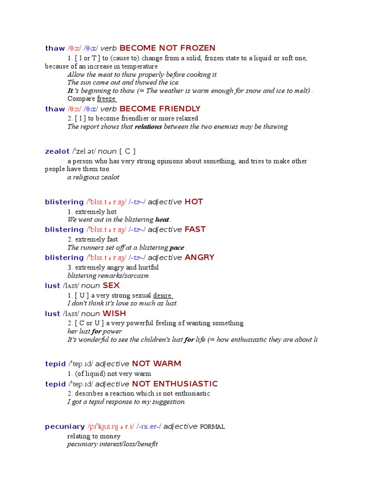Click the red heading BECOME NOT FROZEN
click(167, 48)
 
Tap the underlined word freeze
click(106, 99)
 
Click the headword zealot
click(57, 151)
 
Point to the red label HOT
click(194, 202)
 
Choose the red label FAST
click(195, 230)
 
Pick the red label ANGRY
click(200, 258)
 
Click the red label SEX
click(111, 286)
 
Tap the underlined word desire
click(163, 295)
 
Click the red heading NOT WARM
click(156, 364)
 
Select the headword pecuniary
click(65, 426)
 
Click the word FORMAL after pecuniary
click(212, 427)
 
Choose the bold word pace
click(177, 247)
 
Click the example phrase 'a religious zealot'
click(93, 177)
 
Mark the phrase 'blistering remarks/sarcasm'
click(108, 276)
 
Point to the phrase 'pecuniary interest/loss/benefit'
click(112, 444)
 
